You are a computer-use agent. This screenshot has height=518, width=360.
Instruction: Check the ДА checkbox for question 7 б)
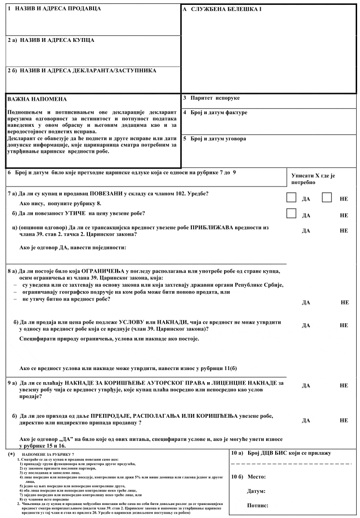point(291,213)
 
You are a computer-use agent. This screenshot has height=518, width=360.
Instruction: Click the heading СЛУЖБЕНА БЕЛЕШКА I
point(222,10)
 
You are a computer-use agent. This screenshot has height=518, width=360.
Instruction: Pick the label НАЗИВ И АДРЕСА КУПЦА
point(51,40)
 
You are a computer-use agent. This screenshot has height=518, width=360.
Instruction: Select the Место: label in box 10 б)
point(258,477)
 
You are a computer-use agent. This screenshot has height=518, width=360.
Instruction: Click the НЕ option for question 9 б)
point(344,420)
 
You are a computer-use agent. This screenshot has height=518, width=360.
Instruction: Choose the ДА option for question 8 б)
point(306,325)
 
